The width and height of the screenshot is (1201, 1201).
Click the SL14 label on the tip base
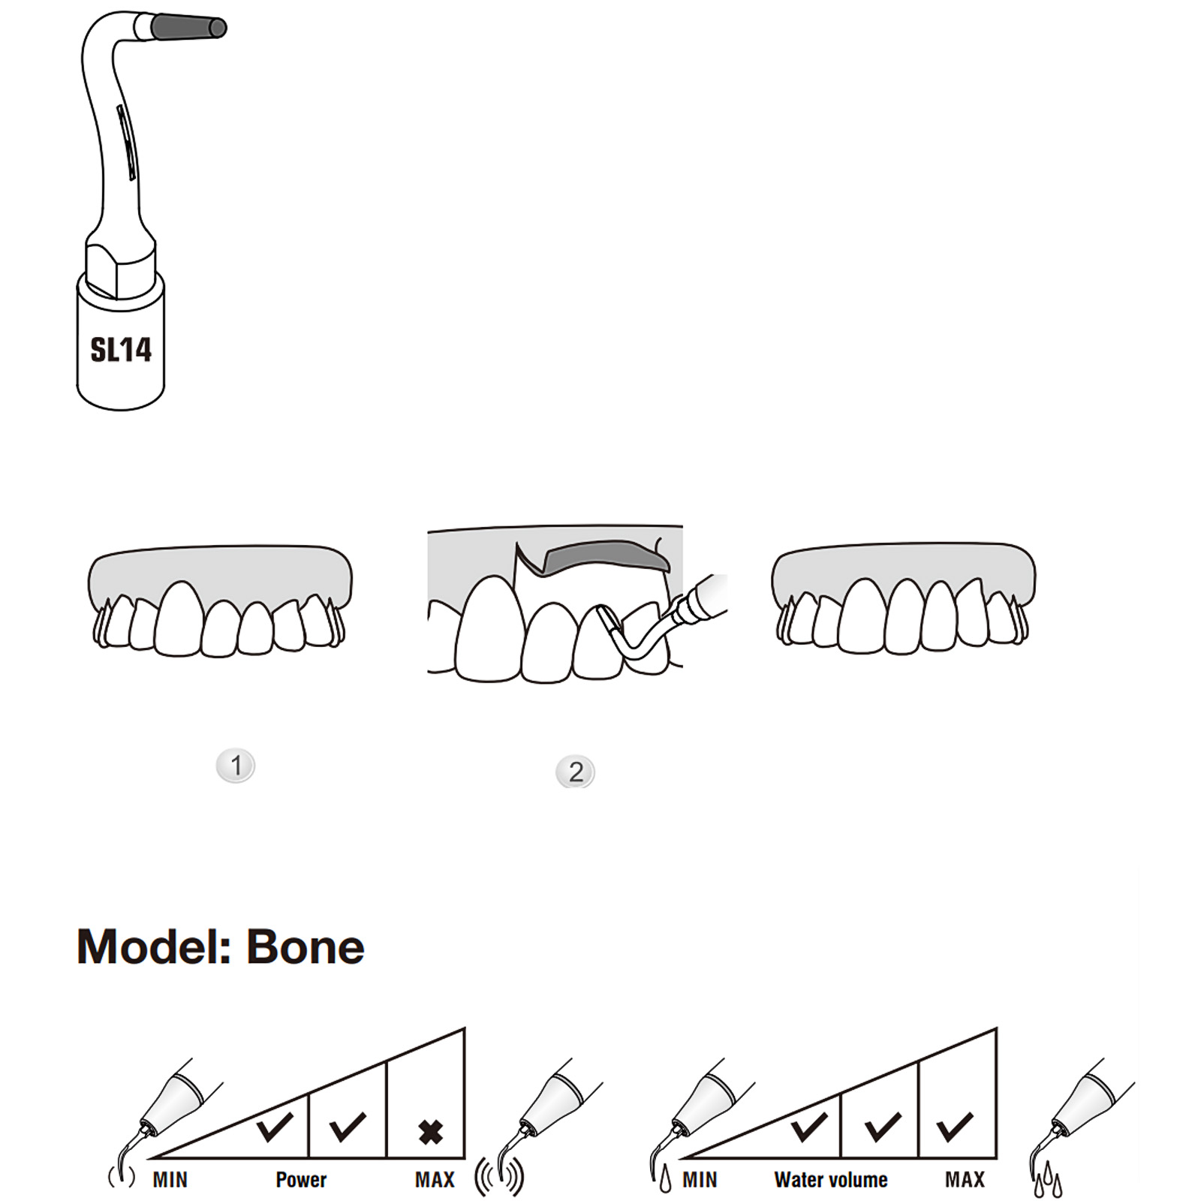121,350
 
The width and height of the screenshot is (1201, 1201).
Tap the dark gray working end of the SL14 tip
188,28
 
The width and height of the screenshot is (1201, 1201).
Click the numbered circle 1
236,766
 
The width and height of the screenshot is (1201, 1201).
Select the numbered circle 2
576,772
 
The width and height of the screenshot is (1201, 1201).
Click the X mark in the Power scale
431,1132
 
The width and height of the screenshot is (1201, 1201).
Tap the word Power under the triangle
301,1180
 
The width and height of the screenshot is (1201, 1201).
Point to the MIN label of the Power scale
170,1180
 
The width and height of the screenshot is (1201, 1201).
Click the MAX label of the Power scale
435,1180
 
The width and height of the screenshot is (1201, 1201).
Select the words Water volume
831,1180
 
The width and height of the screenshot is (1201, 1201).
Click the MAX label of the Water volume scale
965,1180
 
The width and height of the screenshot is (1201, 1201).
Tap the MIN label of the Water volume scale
700,1180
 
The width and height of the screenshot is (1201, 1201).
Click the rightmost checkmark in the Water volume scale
955,1127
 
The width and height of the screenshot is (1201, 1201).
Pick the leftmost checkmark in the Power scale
275,1127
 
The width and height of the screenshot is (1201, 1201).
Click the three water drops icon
1048,1184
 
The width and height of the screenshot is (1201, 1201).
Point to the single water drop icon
665,1182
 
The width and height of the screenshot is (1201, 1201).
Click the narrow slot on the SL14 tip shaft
127,143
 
